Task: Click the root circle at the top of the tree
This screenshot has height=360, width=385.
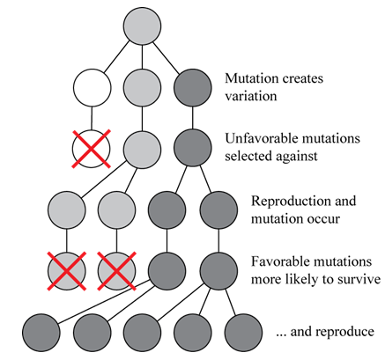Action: tap(142, 26)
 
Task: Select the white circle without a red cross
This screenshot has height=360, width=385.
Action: tap(93, 88)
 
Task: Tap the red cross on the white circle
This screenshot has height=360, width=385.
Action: tap(92, 149)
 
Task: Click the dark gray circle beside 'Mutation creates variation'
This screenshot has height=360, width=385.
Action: tap(193, 88)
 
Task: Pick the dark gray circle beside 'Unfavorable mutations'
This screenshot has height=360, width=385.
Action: tap(193, 148)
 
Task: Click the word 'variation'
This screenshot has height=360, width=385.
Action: tap(251, 96)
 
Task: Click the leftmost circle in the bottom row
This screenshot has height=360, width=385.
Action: tap(41, 333)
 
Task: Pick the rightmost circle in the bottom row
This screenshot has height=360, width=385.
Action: tap(243, 333)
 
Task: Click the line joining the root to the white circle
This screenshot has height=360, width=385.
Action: tap(116, 56)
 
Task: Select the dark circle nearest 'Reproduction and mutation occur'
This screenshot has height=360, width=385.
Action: tap(218, 210)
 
